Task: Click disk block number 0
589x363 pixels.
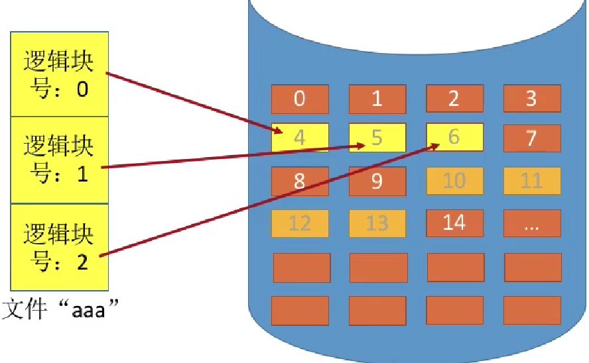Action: [x=300, y=99]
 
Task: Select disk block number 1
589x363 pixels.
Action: [x=377, y=99]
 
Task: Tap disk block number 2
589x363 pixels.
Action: [x=454, y=99]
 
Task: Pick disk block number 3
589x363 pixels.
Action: [x=531, y=99]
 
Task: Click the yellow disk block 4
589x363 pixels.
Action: [x=300, y=138]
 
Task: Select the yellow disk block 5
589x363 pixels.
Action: [x=377, y=138]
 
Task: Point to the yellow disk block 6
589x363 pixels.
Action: [x=454, y=137]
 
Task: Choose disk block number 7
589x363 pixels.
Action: [x=531, y=138]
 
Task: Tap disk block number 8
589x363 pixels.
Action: [x=300, y=181]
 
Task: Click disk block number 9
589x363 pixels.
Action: [x=377, y=181]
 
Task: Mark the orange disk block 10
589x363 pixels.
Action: [x=454, y=181]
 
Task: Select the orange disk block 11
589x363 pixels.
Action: [x=531, y=181]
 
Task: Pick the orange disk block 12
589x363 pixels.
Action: [x=300, y=223]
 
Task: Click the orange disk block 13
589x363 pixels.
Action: [x=377, y=223]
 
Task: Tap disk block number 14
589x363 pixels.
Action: [x=454, y=223]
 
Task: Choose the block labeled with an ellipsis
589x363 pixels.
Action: [x=531, y=223]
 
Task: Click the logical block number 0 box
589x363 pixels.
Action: [x=59, y=74]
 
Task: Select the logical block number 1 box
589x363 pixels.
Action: [x=59, y=160]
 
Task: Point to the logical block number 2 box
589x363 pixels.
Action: [x=59, y=247]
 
